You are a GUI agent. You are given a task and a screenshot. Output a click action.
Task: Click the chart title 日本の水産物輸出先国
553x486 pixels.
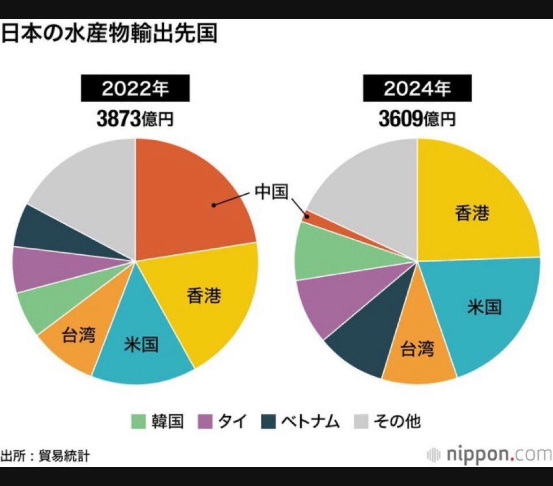click(109, 34)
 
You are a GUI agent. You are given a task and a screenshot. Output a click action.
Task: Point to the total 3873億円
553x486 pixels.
click(135, 119)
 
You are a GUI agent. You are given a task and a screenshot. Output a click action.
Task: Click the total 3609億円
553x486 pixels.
click(417, 119)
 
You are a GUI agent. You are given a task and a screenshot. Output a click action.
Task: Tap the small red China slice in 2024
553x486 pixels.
click(307, 216)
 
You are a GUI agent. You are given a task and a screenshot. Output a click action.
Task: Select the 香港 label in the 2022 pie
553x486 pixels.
click(204, 296)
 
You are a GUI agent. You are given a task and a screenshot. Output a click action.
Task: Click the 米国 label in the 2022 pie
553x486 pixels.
click(141, 345)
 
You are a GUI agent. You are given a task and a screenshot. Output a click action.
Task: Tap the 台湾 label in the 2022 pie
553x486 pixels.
click(79, 335)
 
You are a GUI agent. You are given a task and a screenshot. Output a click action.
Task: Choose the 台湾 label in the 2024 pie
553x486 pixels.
click(417, 349)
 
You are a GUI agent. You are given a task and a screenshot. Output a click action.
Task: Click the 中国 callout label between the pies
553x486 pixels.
click(271, 191)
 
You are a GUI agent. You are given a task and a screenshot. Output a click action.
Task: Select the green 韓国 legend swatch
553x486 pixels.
click(138, 421)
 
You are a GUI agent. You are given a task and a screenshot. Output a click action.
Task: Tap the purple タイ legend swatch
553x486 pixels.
click(205, 421)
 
